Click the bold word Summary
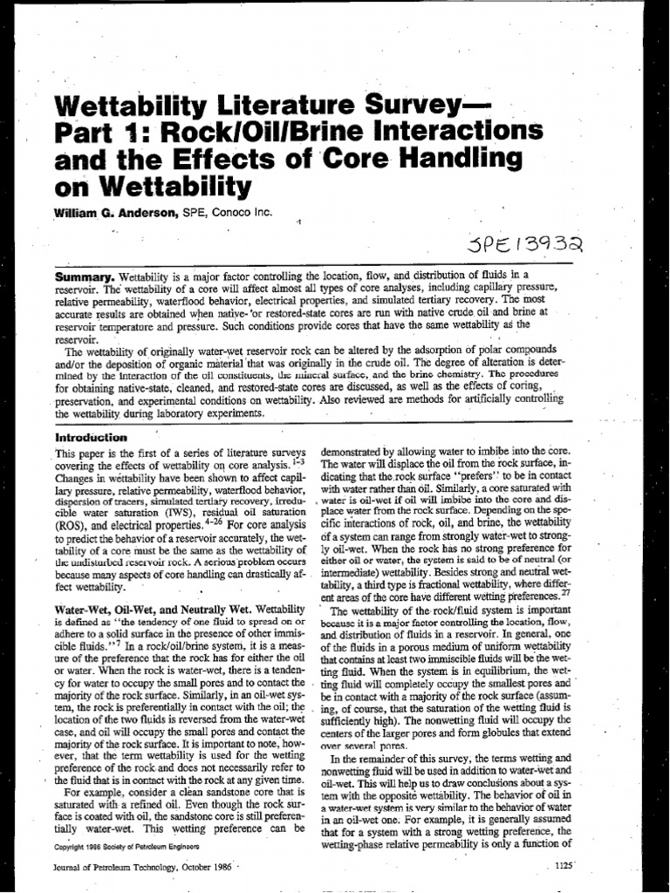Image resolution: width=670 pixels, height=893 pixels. (85, 274)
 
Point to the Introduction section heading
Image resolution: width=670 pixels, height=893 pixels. (92, 437)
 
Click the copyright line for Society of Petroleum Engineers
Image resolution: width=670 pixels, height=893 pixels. (126, 846)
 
